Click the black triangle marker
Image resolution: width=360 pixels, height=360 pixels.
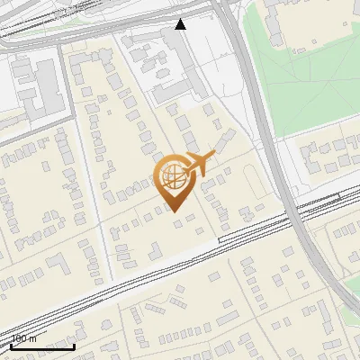181,24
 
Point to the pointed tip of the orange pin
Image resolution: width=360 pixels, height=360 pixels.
175,211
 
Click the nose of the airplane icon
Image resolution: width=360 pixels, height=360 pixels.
215,156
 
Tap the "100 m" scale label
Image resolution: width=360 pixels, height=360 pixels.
23,338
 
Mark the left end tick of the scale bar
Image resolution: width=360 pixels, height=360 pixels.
10,346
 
